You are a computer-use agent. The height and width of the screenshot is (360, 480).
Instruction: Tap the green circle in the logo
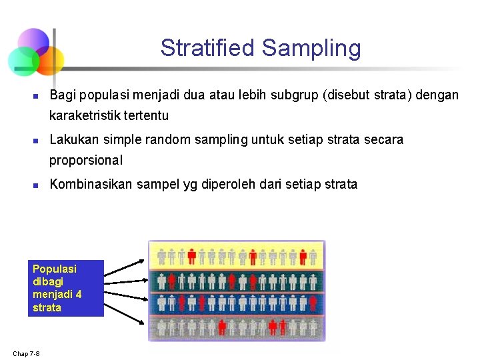pos(23,61)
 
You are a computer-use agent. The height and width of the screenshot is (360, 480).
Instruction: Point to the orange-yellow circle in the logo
pos(49,59)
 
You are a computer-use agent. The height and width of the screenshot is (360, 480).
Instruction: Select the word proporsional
pos(86,160)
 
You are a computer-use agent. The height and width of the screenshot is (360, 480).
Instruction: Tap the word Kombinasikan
pos(91,185)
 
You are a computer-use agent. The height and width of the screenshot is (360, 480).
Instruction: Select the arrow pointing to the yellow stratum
pos(125,267)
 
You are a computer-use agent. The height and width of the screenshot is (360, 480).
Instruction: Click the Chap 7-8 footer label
pos(26,353)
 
